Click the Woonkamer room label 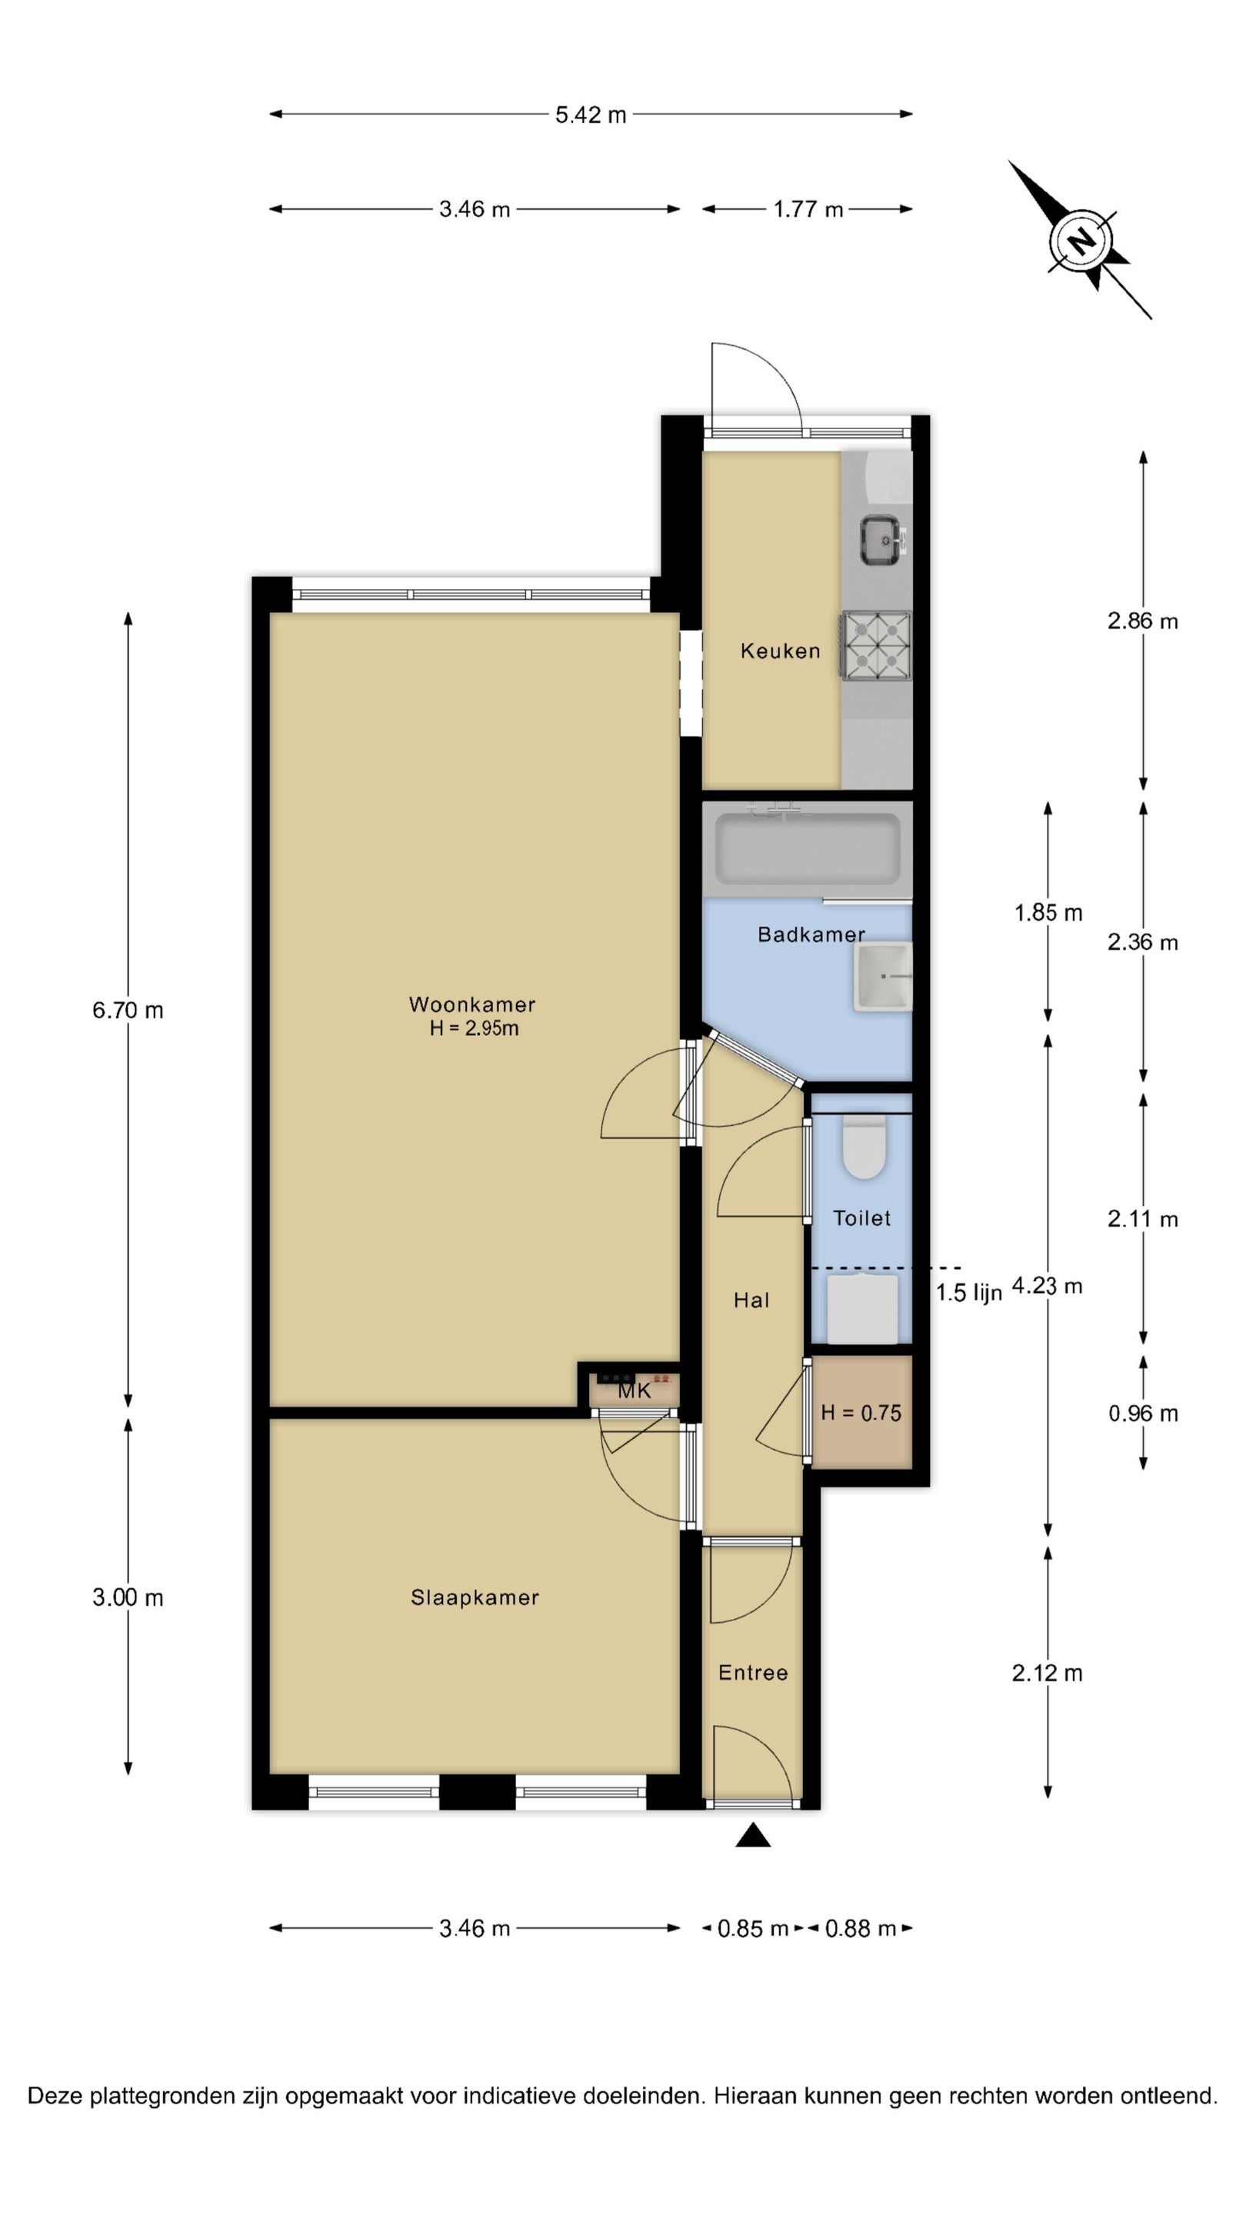tap(471, 1004)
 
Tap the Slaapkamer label tap(475, 1597)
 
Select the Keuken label tap(780, 651)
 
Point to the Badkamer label tap(811, 934)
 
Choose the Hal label tap(751, 1300)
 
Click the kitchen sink tap(882, 540)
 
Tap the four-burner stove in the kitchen tap(875, 646)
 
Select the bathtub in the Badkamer tap(807, 850)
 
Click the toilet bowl tap(863, 1147)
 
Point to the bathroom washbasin tap(882, 976)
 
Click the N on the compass tap(1081, 240)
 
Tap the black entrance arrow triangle tap(752, 1835)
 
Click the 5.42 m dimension tap(590, 115)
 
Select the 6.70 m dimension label tap(127, 1011)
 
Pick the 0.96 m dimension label tap(1142, 1413)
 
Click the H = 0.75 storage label tap(861, 1413)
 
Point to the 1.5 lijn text tap(968, 1292)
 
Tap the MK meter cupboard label tap(635, 1391)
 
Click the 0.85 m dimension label tap(752, 1929)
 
